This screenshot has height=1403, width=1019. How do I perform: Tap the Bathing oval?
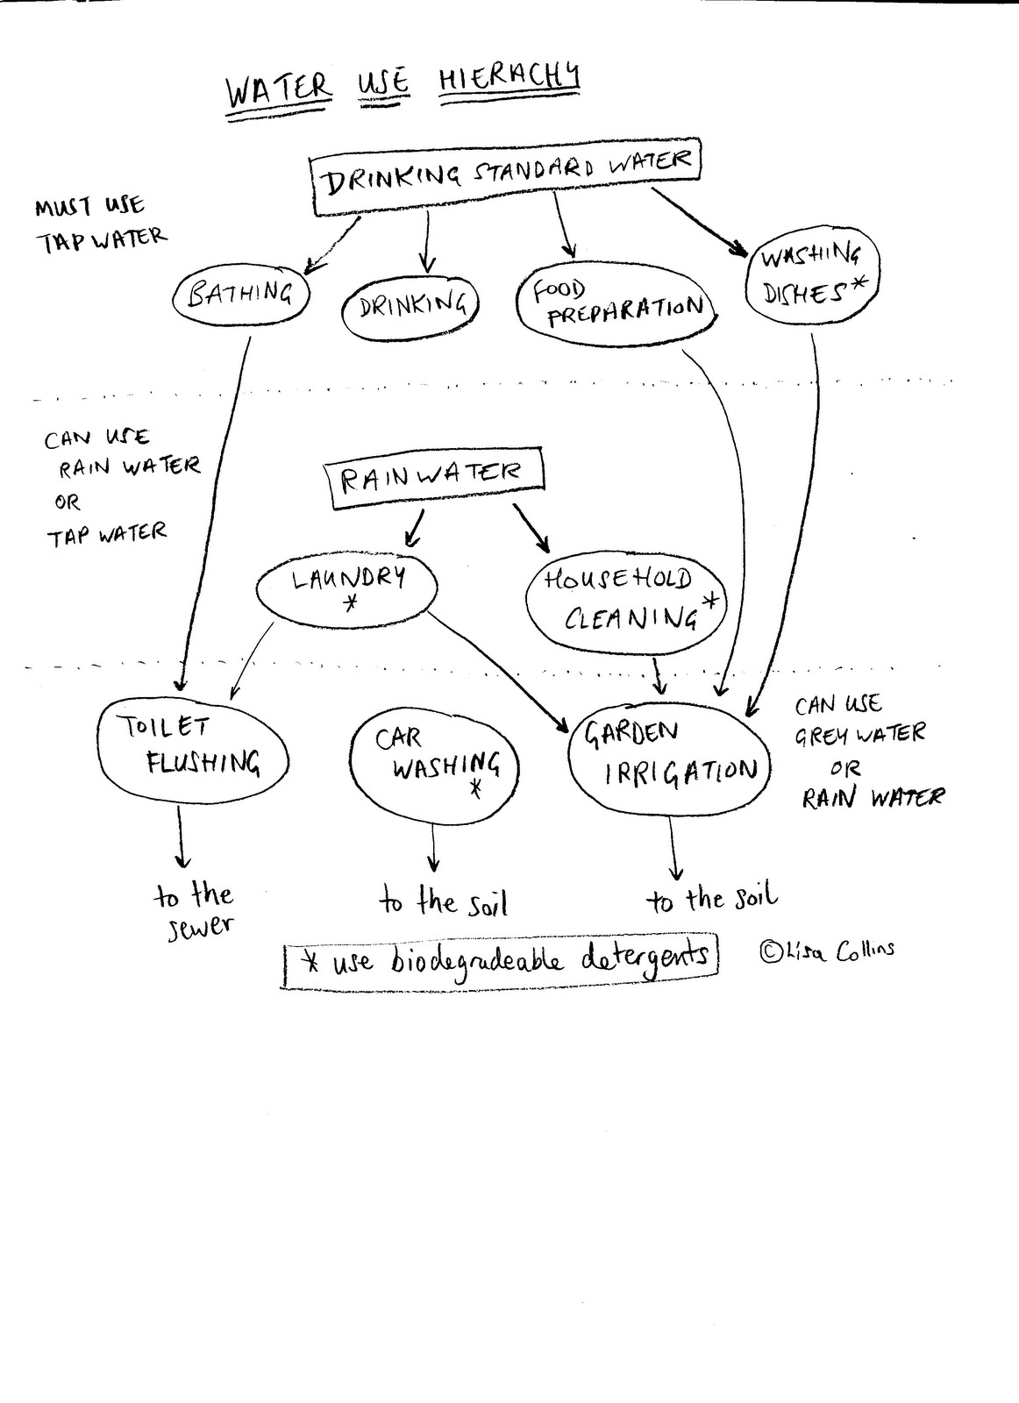tap(241, 295)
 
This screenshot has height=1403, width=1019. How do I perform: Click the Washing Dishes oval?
tap(811, 275)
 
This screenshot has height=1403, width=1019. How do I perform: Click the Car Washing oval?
tap(432, 759)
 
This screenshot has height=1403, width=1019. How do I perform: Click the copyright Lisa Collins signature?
tap(827, 951)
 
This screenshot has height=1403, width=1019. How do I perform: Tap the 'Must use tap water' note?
tap(99, 223)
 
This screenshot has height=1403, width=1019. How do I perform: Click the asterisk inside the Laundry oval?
tap(351, 604)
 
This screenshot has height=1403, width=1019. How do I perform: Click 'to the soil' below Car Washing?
tap(444, 902)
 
